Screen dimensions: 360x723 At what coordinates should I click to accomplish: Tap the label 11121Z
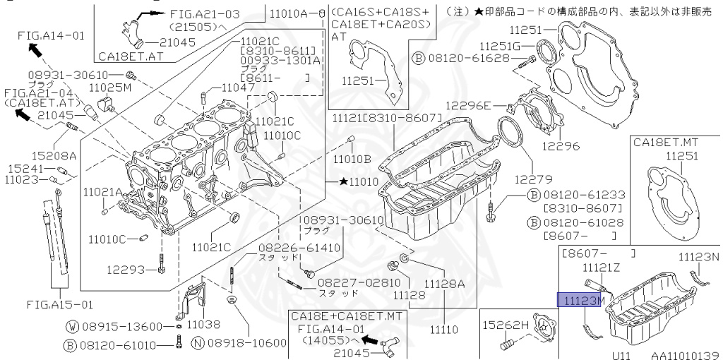(x=601, y=268)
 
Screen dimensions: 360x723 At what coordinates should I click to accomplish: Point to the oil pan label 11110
(x=445, y=329)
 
